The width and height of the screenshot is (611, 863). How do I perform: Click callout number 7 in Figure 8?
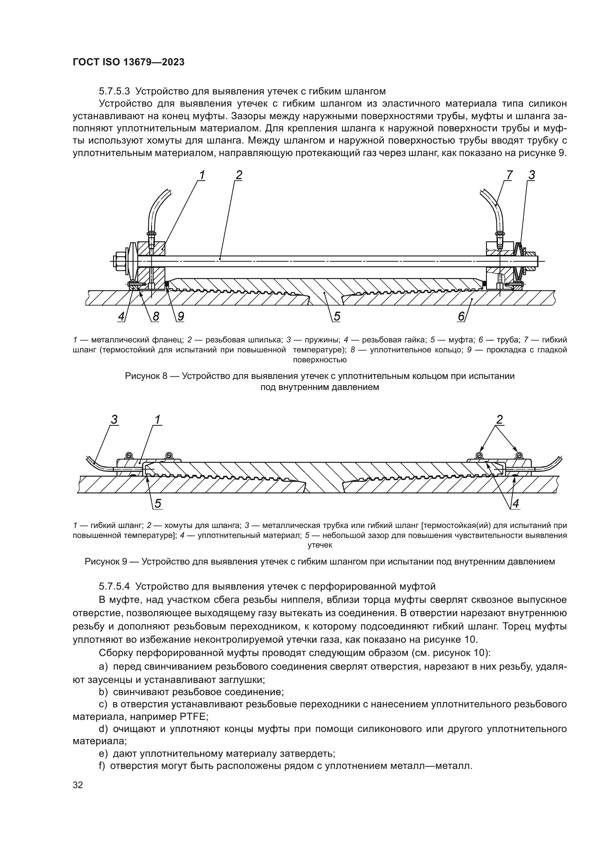[x=509, y=175]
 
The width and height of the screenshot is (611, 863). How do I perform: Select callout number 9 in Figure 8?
[x=181, y=317]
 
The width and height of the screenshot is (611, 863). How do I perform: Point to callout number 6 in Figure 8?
[x=461, y=317]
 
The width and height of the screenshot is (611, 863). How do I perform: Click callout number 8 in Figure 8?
[x=155, y=317]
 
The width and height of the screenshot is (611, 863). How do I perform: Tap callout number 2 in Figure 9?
[x=500, y=420]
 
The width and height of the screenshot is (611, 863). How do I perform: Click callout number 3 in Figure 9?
[x=115, y=420]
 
